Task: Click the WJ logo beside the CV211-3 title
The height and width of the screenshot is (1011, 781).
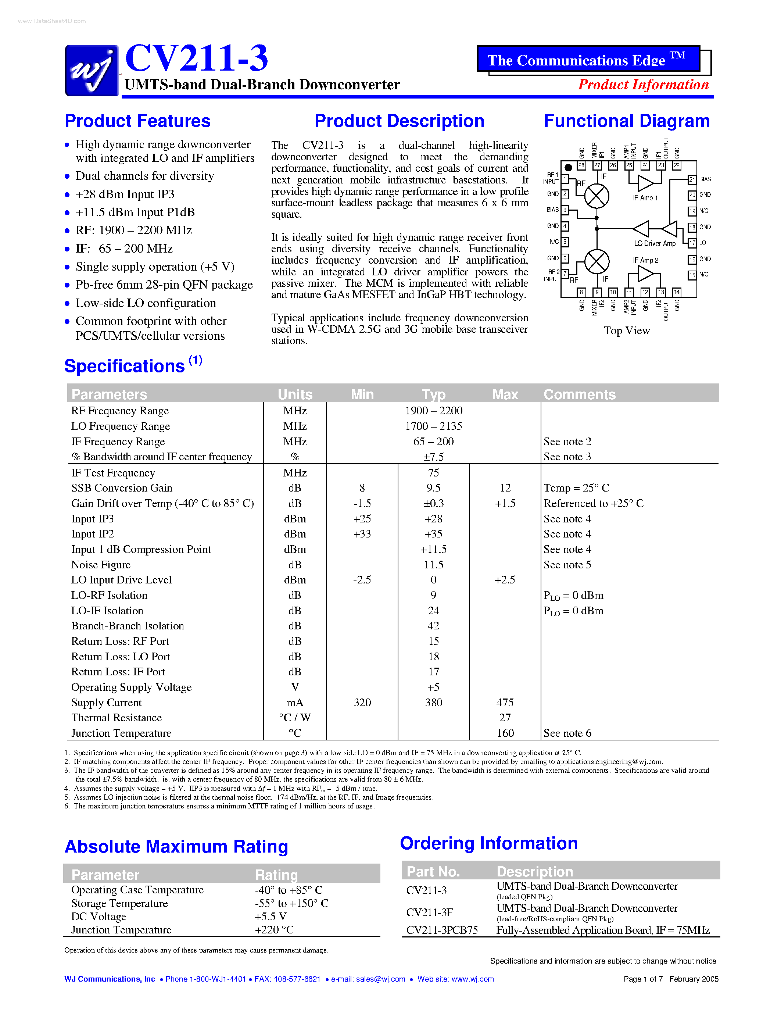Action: click(x=92, y=70)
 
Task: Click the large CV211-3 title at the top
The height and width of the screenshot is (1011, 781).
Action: click(x=196, y=58)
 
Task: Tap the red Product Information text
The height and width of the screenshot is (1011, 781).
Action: click(x=643, y=85)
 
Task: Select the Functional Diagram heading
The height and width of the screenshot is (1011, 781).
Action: click(x=627, y=121)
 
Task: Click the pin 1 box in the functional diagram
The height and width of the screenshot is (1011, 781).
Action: click(x=565, y=179)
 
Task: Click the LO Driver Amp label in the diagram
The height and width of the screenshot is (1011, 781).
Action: click(x=654, y=243)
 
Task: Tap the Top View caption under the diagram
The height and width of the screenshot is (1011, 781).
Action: click(x=627, y=331)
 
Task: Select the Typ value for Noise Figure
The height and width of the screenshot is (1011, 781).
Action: click(x=433, y=565)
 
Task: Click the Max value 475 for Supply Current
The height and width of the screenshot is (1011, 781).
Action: click(x=505, y=703)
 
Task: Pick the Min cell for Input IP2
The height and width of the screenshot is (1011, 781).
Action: click(x=362, y=534)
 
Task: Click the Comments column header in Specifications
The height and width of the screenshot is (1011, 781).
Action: click(x=579, y=394)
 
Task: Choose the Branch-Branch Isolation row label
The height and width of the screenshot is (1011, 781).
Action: click(x=128, y=626)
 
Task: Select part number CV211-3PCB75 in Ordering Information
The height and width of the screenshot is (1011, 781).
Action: click(x=442, y=930)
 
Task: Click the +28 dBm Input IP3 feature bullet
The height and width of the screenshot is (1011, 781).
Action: click(x=125, y=194)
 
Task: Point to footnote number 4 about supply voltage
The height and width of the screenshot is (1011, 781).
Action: click(x=67, y=788)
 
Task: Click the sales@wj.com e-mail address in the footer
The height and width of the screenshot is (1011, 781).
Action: click(x=380, y=979)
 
